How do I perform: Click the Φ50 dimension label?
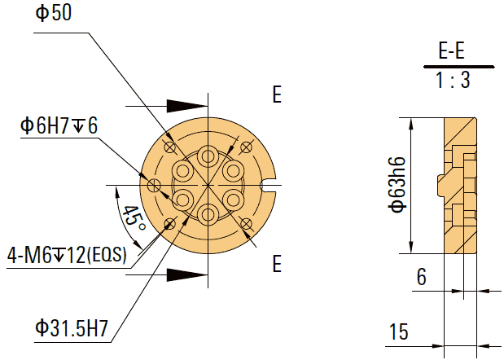(x=54, y=15)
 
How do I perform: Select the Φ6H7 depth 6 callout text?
(x=59, y=126)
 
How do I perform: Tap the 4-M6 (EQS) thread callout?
(x=67, y=255)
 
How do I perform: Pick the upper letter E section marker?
(x=277, y=95)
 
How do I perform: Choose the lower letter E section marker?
(x=277, y=265)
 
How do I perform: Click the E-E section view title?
(x=451, y=52)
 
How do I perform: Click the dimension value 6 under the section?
(x=421, y=278)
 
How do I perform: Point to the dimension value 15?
(x=399, y=332)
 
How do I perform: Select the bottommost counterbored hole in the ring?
(x=208, y=213)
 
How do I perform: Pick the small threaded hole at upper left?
(x=169, y=147)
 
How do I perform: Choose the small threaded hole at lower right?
(x=246, y=224)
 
